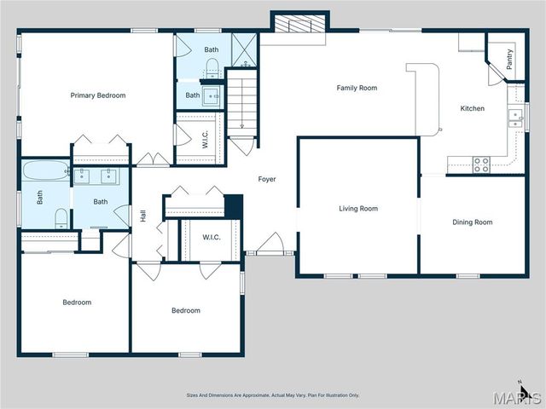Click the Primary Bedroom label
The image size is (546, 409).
tap(97, 95)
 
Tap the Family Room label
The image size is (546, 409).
tap(357, 88)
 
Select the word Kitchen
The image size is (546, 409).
tap(472, 108)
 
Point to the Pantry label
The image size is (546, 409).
tap(509, 60)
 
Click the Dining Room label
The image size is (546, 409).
tap(472, 222)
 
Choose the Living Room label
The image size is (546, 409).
tap(358, 208)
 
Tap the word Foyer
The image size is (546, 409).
tap(267, 179)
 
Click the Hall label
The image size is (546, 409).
tap(143, 216)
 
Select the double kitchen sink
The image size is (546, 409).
tap(514, 117)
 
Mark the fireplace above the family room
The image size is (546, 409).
tap(299, 24)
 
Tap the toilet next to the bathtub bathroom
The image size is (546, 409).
tap(61, 219)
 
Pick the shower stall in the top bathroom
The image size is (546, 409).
tap(244, 49)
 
